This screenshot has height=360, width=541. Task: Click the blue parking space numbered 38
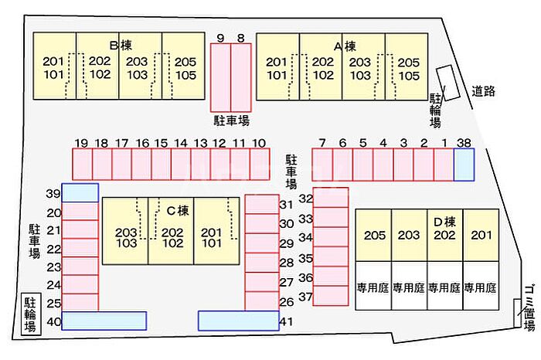tap(464, 165)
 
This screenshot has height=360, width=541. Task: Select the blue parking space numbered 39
tap(80, 193)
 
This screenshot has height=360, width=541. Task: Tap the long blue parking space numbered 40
tap(104, 321)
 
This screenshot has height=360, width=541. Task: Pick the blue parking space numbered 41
tap(238, 321)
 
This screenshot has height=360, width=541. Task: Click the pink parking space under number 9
tap(221, 77)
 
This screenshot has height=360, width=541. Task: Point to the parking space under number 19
tap(82, 164)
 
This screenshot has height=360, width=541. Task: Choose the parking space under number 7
tap(322, 165)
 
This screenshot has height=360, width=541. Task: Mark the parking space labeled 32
tap(331, 198)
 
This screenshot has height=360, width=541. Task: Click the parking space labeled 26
tap(262, 301)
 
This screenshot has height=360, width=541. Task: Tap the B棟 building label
tap(121, 46)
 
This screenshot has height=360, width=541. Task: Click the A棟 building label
tap(345, 46)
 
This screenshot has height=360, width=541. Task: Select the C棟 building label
tap(178, 210)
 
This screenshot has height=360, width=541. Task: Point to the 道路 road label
tap(484, 91)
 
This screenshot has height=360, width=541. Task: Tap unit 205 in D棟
tap(374, 235)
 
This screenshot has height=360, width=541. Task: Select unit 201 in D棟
tap(481, 235)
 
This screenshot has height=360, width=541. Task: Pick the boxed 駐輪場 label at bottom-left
tap(31, 314)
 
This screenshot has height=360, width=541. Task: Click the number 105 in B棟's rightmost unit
tap(185, 75)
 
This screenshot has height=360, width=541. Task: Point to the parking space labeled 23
tap(80, 267)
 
